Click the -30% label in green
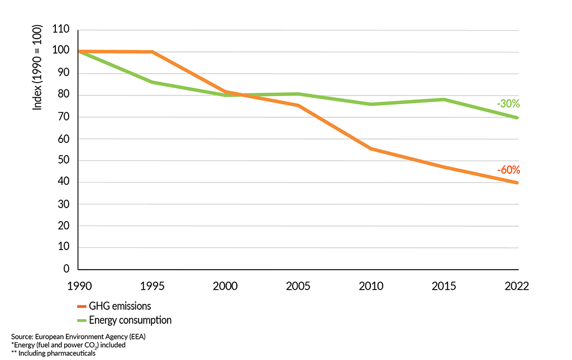(x=508, y=103)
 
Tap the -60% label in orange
(x=508, y=170)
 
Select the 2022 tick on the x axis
(x=516, y=286)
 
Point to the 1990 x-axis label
(x=78, y=286)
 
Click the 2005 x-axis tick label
(x=298, y=286)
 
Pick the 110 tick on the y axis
(x=60, y=30)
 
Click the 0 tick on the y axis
(x=66, y=269)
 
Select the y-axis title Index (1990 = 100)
(x=37, y=68)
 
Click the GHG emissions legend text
(x=120, y=306)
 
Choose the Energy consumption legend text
(x=130, y=320)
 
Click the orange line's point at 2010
(x=371, y=149)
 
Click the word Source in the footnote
(x=21, y=337)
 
